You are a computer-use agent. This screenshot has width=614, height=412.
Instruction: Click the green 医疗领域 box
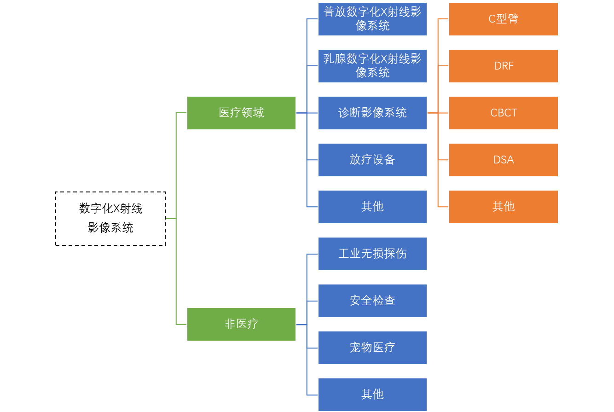pyautogui.click(x=241, y=113)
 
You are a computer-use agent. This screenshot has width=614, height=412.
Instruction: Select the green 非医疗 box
pyautogui.click(x=241, y=324)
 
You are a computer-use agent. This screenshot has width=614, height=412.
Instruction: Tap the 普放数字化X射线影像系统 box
pyautogui.click(x=372, y=19)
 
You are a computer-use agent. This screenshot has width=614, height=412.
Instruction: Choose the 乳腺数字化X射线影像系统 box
pyautogui.click(x=372, y=66)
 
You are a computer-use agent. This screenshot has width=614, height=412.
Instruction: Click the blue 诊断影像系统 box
pyautogui.click(x=372, y=113)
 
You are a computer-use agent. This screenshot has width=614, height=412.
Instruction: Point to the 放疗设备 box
pyautogui.click(x=372, y=160)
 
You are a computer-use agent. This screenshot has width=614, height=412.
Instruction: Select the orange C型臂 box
pyautogui.click(x=503, y=19)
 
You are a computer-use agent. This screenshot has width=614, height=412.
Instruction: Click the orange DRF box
pyautogui.click(x=503, y=66)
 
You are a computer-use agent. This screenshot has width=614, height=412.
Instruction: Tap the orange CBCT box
pyautogui.click(x=503, y=113)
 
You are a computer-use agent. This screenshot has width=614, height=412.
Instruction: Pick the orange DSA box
pyautogui.click(x=503, y=160)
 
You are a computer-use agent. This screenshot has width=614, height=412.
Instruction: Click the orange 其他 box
pyautogui.click(x=503, y=207)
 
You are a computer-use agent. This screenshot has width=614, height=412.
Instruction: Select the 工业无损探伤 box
pyautogui.click(x=372, y=254)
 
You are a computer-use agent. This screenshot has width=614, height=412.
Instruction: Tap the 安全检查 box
pyautogui.click(x=372, y=301)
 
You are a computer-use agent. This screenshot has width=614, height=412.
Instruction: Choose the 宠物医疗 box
pyautogui.click(x=372, y=348)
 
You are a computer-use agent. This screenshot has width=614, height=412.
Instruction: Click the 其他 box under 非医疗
pyautogui.click(x=372, y=395)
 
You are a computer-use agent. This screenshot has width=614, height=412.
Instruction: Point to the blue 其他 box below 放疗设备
pyautogui.click(x=372, y=207)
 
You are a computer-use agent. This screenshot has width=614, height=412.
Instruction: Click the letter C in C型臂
pyautogui.click(x=492, y=19)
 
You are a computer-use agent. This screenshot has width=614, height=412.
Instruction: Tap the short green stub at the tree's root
pyautogui.click(x=170, y=218)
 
